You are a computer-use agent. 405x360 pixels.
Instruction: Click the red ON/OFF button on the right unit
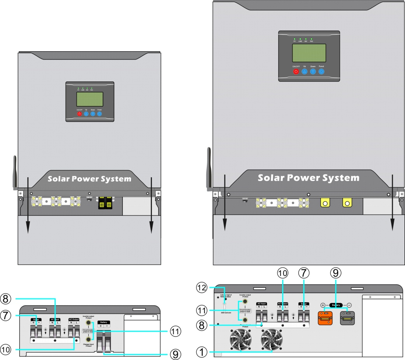[x=296, y=72]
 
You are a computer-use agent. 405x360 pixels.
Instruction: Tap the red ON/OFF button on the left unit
[x=80, y=114]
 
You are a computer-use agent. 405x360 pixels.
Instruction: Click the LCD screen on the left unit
[x=89, y=99]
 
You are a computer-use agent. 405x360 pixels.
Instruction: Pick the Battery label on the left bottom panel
[x=104, y=322]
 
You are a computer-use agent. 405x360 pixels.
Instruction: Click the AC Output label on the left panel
[x=74, y=319]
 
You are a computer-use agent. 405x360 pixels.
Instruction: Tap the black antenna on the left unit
[x=15, y=171]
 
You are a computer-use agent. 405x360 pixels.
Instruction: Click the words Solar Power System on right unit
[x=309, y=178]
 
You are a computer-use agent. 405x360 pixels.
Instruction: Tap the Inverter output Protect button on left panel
[x=89, y=323]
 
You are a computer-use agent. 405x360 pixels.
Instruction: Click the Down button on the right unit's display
[x=313, y=72]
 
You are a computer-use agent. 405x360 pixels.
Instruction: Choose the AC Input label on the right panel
[x=261, y=303]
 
